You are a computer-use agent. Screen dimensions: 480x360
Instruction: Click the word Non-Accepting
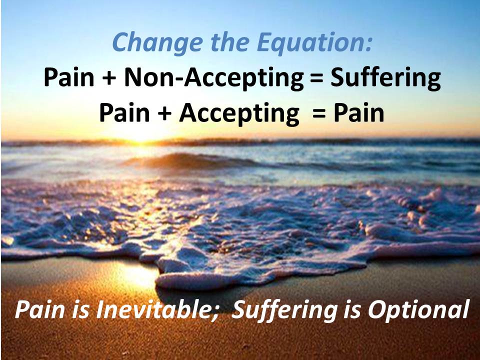point(214,78)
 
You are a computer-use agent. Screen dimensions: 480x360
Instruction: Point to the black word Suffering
point(385,78)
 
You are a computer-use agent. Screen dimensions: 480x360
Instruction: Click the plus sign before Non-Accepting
point(109,78)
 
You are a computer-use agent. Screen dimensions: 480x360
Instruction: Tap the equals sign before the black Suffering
point(317,78)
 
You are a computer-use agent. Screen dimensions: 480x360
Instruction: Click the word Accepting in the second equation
point(239,114)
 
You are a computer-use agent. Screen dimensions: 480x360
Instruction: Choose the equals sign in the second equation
point(319,114)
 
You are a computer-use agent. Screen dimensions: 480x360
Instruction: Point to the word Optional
point(418,310)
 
